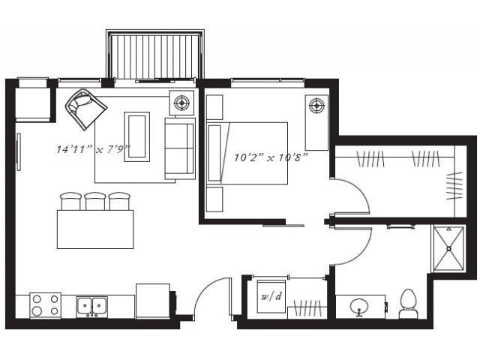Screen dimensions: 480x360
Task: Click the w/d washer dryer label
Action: pos(271,297)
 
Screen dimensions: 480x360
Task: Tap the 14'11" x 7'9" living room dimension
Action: pos(93,149)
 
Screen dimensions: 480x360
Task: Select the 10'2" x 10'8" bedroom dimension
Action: pos(271,157)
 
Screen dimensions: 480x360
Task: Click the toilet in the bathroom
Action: pos(408,304)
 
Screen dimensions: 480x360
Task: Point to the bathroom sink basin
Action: pos(359,307)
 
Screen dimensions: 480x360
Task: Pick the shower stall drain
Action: pos(449,248)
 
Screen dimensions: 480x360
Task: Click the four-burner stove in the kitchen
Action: pos(45,305)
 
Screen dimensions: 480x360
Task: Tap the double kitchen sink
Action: pos(91,306)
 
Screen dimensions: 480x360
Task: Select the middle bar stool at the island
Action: pos(95,201)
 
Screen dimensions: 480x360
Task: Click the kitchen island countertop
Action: pos(95,229)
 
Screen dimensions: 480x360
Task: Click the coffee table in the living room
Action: pos(136,136)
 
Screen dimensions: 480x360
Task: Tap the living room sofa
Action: pos(180,148)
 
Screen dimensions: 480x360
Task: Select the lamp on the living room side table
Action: pos(181,103)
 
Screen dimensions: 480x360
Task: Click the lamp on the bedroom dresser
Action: pos(316,106)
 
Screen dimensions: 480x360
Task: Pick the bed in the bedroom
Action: pos(247,153)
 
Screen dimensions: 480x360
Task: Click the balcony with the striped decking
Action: pos(155,55)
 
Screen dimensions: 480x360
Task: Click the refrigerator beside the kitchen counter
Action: pos(153,301)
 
